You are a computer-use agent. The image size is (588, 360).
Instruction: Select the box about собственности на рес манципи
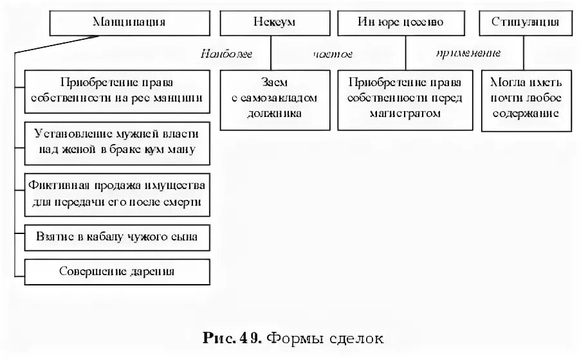(x=117, y=90)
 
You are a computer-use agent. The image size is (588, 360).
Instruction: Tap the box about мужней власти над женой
(x=117, y=141)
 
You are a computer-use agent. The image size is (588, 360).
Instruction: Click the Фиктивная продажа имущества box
(x=117, y=192)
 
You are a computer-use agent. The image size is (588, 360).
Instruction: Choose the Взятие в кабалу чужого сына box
(x=117, y=237)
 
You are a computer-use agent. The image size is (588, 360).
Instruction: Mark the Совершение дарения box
(x=117, y=271)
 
